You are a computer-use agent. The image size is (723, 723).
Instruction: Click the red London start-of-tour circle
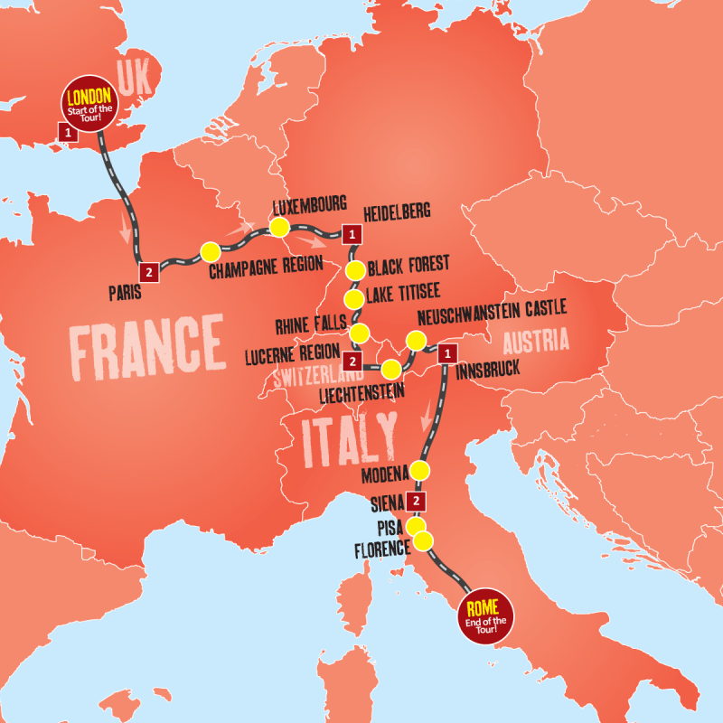click(88, 104)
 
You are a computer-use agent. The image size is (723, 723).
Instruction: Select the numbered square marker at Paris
click(146, 270)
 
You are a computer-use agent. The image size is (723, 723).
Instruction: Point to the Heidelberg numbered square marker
click(352, 234)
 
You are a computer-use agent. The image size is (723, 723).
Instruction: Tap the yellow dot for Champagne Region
click(210, 251)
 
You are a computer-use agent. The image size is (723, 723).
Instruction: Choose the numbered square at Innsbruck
click(446, 354)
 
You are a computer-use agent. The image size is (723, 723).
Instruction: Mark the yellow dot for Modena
click(419, 471)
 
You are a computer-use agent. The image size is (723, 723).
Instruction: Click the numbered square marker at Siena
click(416, 502)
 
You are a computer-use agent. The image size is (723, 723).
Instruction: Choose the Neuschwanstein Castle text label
click(493, 308)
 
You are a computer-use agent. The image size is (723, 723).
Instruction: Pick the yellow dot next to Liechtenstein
click(391, 370)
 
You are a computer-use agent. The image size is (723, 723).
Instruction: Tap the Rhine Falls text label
click(305, 324)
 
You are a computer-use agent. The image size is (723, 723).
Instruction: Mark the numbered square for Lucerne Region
click(353, 361)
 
